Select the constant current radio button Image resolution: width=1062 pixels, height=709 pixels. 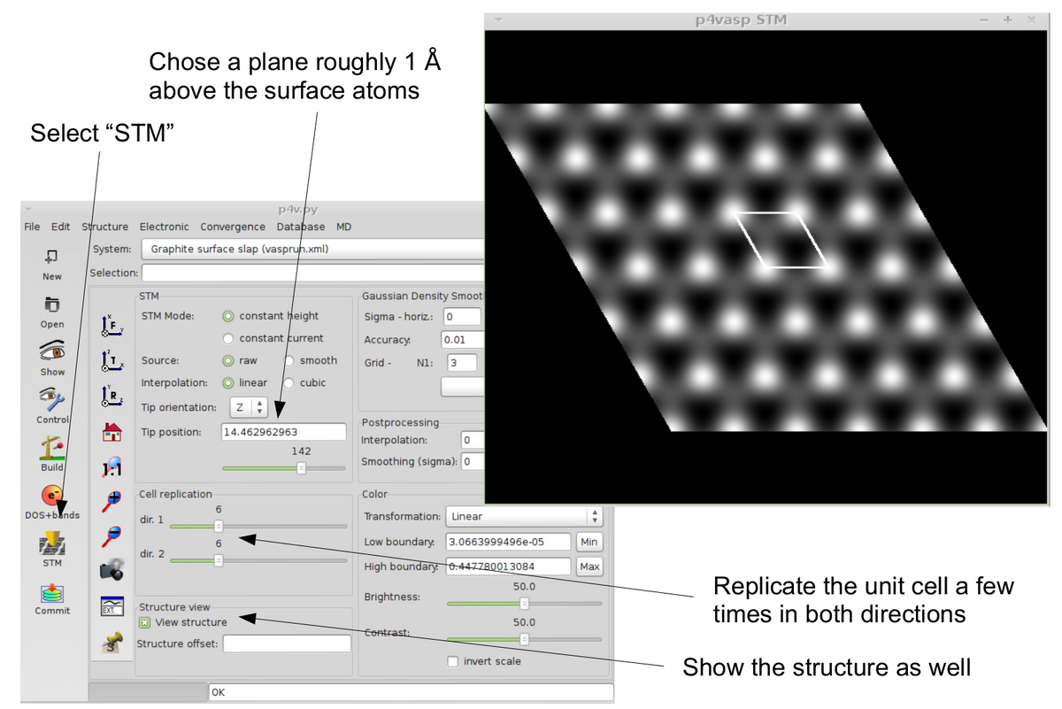[x=228, y=338]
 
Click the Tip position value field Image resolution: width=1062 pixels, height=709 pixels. [x=282, y=432]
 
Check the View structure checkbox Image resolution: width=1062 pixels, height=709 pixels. [x=144, y=622]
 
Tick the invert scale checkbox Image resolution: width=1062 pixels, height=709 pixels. [x=453, y=661]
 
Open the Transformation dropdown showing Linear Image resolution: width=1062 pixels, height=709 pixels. [x=525, y=516]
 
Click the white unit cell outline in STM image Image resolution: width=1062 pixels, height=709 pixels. [x=781, y=240]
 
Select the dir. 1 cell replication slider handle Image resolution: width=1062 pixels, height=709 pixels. [x=219, y=526]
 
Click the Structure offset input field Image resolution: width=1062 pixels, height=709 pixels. [x=287, y=643]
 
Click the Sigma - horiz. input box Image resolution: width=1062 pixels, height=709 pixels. [x=463, y=317]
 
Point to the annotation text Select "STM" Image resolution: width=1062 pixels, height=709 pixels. [x=102, y=134]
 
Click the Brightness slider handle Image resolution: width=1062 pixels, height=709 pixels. [x=524, y=604]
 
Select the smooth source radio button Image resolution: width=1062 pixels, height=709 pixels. [x=289, y=361]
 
